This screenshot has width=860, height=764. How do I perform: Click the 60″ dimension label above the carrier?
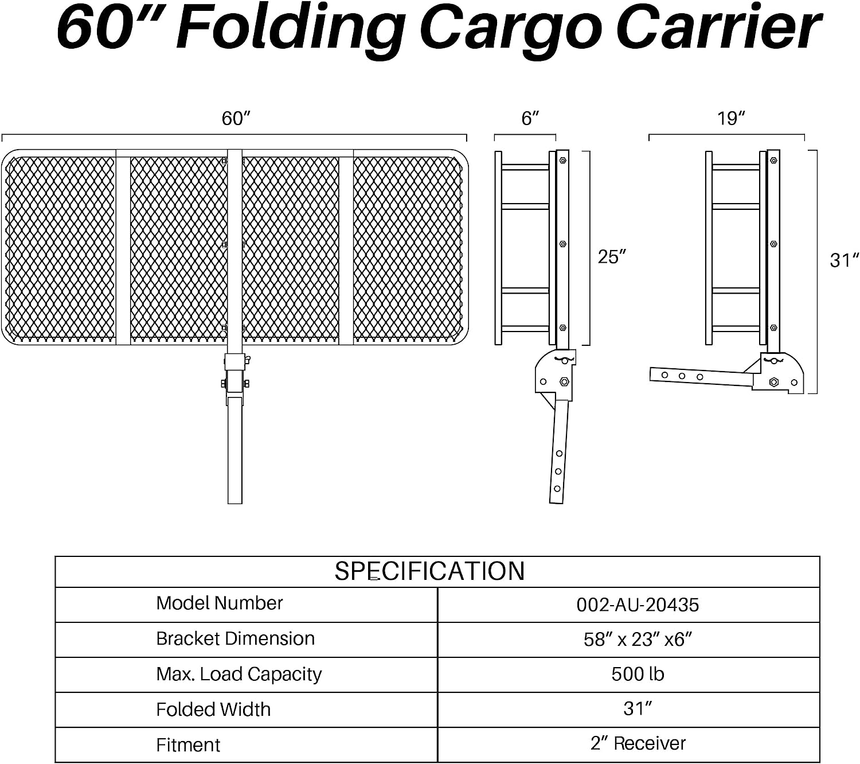[236, 119]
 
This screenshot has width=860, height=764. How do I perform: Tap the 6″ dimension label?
[530, 119]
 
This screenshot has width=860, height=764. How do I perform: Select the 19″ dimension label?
[732, 119]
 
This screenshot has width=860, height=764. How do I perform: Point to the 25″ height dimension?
[612, 257]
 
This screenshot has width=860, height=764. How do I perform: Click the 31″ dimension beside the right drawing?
[845, 260]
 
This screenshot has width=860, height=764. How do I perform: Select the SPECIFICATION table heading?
[429, 571]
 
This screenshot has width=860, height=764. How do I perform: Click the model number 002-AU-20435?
[638, 605]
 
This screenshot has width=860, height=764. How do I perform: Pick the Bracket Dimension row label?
[236, 638]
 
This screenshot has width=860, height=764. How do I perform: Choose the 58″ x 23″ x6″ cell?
[638, 639]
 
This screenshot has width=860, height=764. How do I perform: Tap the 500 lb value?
[638, 674]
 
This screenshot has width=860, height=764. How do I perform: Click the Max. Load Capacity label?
[239, 675]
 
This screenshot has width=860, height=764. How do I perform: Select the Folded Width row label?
[213, 709]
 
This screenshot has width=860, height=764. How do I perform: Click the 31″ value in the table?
[638, 709]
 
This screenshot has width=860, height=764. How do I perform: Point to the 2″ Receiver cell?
[638, 743]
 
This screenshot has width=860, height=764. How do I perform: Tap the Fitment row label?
[188, 745]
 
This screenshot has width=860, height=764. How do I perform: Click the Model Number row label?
[220, 603]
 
